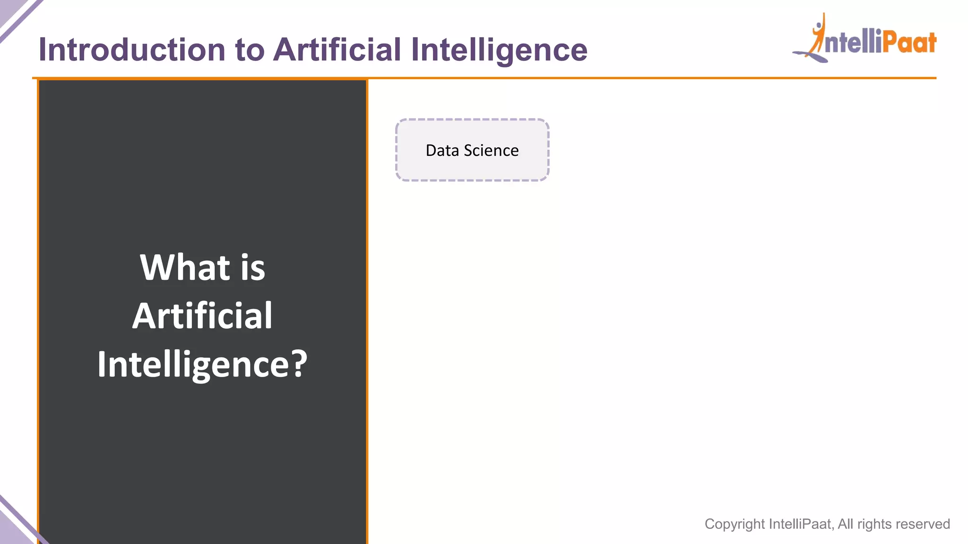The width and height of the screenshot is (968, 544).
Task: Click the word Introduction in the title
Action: pos(132,50)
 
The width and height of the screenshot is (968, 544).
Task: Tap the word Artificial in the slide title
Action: pos(337,50)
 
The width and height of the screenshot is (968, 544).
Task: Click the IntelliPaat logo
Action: pos(865,40)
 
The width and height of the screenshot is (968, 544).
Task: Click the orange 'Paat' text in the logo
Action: pos(909,42)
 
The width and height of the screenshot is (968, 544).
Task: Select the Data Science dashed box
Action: pos(472,150)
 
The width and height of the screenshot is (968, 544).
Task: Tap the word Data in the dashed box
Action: pos(442,151)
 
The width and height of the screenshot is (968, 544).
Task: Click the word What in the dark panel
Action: pos(185,267)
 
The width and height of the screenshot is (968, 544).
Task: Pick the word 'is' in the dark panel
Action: pos(253,267)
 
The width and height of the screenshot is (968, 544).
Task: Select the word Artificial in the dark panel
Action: pos(202,315)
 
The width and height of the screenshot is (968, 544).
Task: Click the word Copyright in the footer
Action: pos(735,524)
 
